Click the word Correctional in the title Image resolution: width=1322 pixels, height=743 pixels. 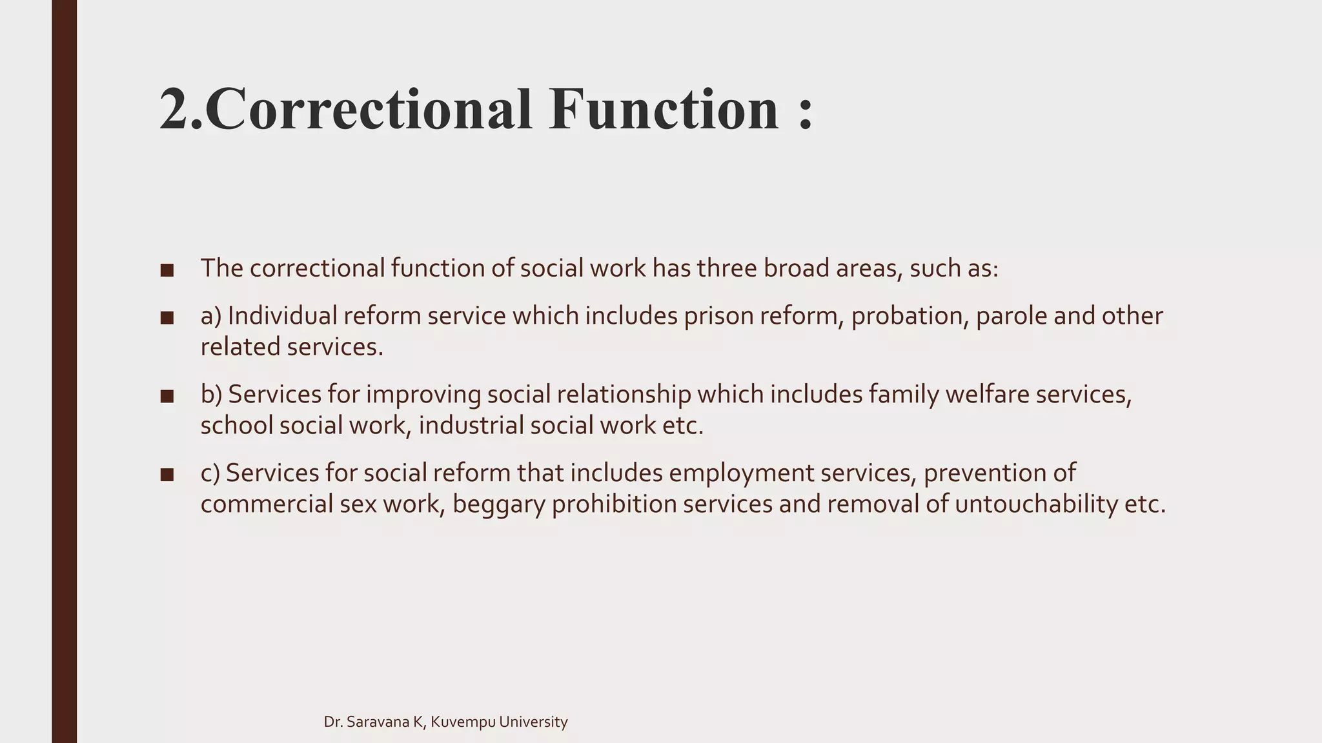pos(368,110)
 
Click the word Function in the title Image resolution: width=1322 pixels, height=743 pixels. pos(665,110)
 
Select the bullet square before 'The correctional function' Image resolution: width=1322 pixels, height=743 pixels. pos(167,270)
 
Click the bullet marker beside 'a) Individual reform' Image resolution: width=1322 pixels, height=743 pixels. pos(167,317)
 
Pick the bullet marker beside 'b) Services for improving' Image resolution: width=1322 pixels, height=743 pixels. pos(167,396)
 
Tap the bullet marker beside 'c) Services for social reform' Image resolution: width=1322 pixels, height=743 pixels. pos(167,475)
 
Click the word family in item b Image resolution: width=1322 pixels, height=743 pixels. pos(903,395)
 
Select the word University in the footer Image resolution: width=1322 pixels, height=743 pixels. pos(534,722)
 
